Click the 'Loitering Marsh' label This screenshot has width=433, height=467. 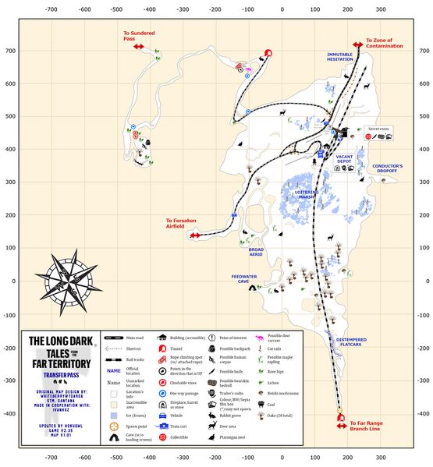tap(306, 196)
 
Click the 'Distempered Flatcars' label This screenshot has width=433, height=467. tap(357, 343)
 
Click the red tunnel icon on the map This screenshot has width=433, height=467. tap(268, 54)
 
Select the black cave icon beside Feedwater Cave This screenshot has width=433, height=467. tap(252, 288)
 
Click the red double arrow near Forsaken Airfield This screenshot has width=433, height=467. tap(195, 235)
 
